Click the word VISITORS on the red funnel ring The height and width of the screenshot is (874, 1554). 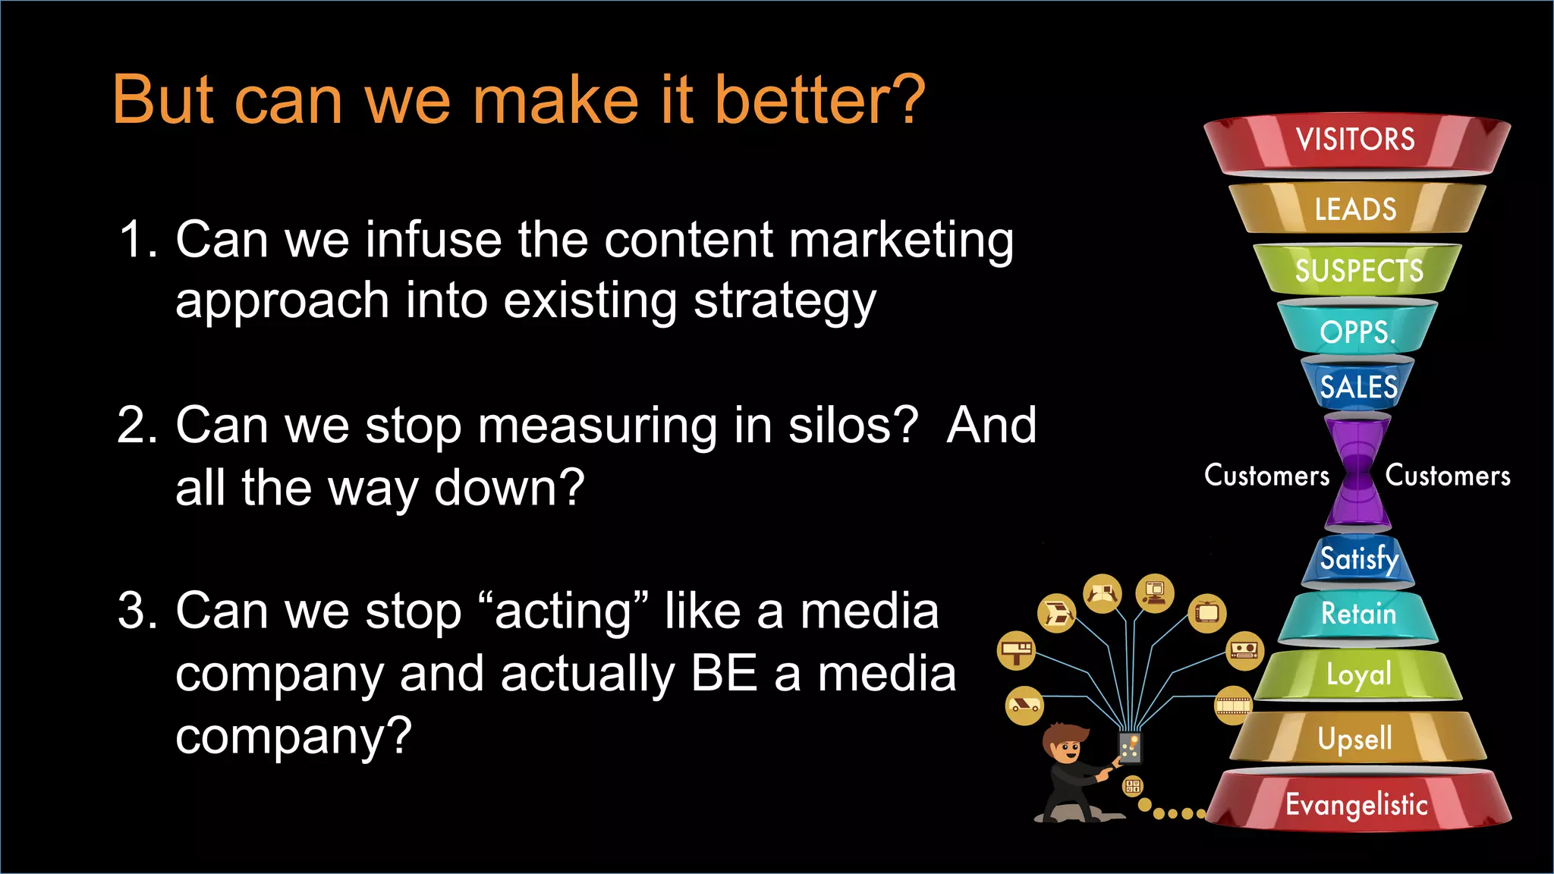1355,140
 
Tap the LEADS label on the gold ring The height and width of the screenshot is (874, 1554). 1355,209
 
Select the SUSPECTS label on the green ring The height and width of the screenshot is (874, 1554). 1359,271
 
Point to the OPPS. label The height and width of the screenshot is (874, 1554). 1357,332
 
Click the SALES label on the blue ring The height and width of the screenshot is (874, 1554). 1358,387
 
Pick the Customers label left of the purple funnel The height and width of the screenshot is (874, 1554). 1266,476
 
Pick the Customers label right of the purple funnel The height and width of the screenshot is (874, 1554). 1448,476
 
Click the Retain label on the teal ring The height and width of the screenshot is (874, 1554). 1358,614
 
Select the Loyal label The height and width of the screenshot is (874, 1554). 1358,674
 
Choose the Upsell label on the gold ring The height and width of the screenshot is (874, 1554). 1355,738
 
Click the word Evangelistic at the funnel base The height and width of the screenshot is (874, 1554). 1357,805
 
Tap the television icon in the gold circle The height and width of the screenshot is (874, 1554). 1206,613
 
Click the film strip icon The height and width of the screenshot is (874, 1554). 1233,706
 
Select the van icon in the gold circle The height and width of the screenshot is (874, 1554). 1024,706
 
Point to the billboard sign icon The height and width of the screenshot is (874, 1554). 1016,650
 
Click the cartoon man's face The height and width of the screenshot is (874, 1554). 1069,751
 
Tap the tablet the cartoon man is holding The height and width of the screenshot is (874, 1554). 1130,747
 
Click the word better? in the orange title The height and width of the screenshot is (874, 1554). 819,100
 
